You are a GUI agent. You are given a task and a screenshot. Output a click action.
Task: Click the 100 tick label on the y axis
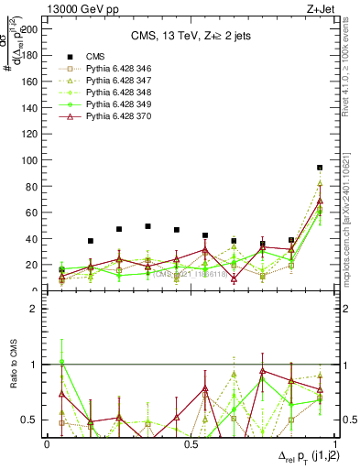(x=31, y=160)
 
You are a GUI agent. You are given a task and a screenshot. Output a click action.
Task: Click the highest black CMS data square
(x=320, y=168)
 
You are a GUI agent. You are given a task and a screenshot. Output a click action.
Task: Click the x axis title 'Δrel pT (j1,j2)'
(x=290, y=458)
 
